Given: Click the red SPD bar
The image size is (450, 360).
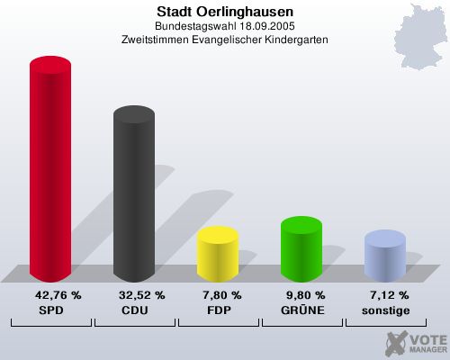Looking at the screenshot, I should point(50,171).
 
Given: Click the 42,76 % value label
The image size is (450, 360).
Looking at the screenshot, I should point(58,295).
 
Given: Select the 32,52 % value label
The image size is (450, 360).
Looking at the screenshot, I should point(141,295).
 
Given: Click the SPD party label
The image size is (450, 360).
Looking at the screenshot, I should point(50,310).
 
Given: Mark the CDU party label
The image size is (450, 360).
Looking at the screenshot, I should point(134,310).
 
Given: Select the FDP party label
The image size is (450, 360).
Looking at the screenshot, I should point(218,310).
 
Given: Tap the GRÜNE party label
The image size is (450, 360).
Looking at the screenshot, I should point(301,310).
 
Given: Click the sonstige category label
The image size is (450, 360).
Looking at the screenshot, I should point(385,310).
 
